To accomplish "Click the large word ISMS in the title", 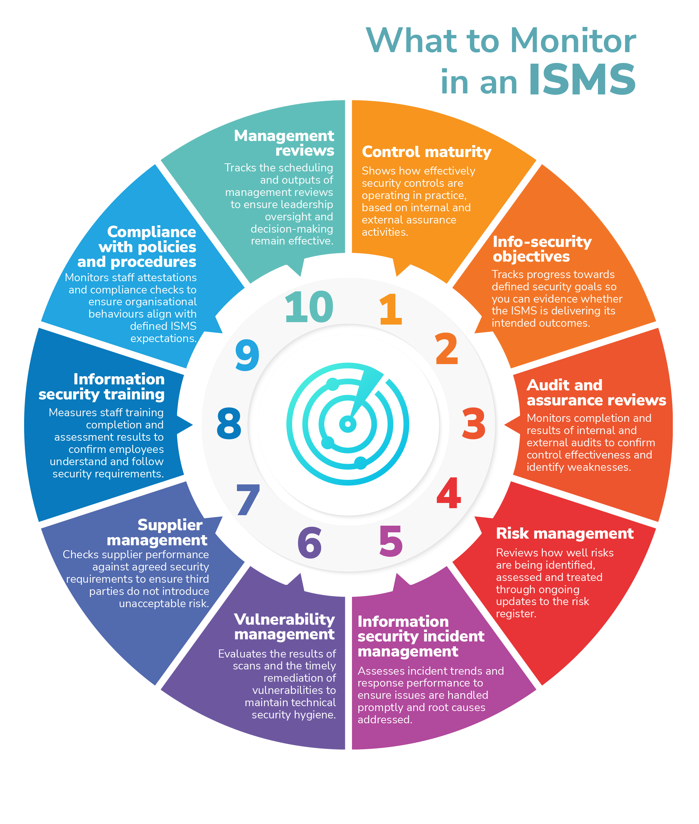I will pos(582,80).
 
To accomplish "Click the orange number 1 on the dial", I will pos(391,309).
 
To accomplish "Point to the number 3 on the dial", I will pos(474,424).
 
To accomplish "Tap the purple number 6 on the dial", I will pos(309,542).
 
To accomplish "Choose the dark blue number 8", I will pos(229,424).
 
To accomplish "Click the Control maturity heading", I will pos(426,152).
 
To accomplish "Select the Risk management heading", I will pos(565,534).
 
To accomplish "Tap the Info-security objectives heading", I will pos(542,249).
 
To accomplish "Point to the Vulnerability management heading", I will pos(284,626).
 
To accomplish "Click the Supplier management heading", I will pos(157,532).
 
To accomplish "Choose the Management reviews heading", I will pos(284,143).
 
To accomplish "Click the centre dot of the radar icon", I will pos(348,424).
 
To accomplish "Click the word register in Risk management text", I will pos(516,614).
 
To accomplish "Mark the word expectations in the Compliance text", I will pos(163,339).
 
